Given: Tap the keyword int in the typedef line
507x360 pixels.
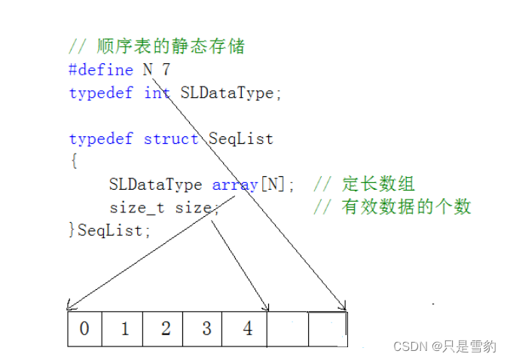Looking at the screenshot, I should tap(157, 93).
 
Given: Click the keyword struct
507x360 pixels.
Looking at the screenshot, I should tap(171, 139).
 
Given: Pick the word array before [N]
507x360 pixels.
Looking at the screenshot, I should tap(235, 185).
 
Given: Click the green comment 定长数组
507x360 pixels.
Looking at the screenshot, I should tap(378, 185).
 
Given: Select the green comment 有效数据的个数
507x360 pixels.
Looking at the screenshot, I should tap(407, 208).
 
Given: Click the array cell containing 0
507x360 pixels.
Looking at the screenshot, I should tap(84, 329).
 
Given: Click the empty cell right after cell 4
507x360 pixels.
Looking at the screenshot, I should tap(287, 329).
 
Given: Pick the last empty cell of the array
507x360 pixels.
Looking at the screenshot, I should tap(328, 329).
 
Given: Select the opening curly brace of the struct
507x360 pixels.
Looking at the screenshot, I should tap(73, 162).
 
